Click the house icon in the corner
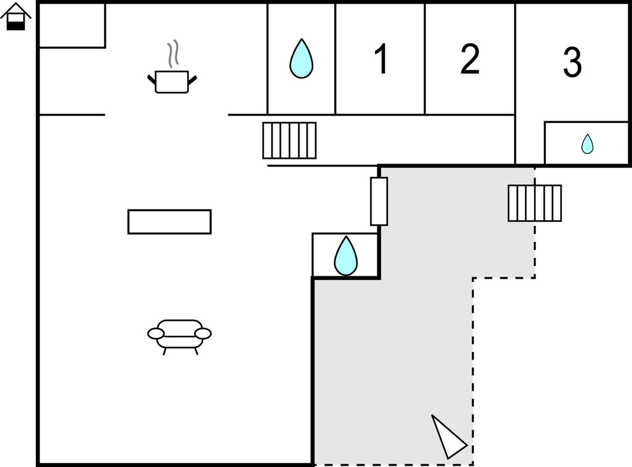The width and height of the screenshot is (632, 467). point(16,16)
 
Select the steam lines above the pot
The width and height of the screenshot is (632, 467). point(173,54)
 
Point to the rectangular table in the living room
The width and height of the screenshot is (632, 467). point(169,222)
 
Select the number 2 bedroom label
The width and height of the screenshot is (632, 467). point(470,59)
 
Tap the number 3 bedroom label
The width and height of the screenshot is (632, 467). point(572,62)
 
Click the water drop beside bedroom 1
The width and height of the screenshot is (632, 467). point(301,58)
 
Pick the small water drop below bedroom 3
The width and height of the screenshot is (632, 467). point(587,144)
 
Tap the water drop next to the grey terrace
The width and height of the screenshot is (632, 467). point(346,256)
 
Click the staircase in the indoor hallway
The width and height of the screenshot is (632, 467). point(289,140)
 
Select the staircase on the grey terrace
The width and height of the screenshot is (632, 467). point(535,203)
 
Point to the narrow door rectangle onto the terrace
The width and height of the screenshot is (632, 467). point(379,201)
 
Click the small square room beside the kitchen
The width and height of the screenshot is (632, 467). point(72,25)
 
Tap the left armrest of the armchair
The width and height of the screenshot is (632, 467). point(156,334)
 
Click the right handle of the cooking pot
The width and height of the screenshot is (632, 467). point(192,81)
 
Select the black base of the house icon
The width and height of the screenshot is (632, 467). point(16,26)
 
